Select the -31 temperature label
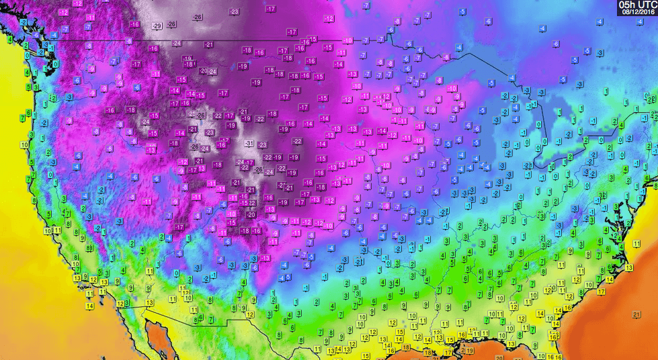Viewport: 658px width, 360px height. tap(249, 144)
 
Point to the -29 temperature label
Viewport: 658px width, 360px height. tap(157, 26)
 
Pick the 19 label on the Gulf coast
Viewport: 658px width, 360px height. tap(470, 350)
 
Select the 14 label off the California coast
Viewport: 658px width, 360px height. tap(89, 306)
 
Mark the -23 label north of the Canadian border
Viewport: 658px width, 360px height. tap(234, 11)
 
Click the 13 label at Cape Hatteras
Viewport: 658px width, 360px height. tap(629, 267)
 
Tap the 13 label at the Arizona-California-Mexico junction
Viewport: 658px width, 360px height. tap(149, 303)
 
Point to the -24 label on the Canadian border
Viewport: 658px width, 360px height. tap(177, 43)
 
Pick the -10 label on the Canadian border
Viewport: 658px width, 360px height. tap(348, 41)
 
